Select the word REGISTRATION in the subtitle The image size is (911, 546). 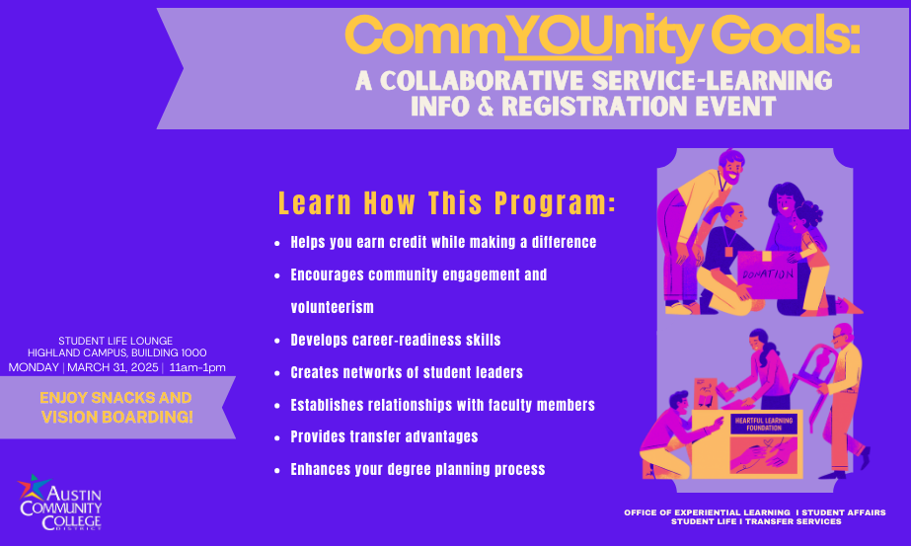click(x=588, y=107)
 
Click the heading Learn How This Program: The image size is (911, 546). click(x=447, y=203)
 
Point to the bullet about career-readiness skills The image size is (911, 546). click(x=395, y=340)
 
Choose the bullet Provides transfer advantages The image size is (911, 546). click(x=384, y=436)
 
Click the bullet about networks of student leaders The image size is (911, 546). click(x=407, y=372)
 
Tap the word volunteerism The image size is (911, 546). click(x=332, y=307)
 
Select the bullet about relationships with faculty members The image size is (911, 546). click(x=442, y=405)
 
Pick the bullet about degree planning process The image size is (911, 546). click(x=418, y=469)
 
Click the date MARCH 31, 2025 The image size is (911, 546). click(x=114, y=368)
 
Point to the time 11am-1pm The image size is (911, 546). click(x=197, y=368)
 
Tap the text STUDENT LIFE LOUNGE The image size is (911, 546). click(x=116, y=340)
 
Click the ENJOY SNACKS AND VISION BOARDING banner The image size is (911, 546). click(x=116, y=408)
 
